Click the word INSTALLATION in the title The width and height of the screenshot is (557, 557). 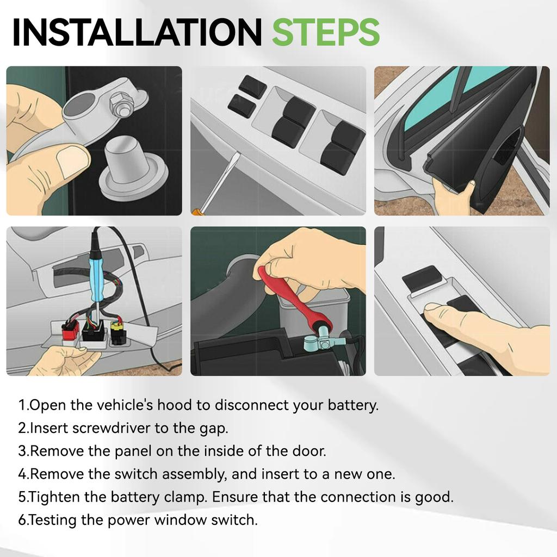pos(137,32)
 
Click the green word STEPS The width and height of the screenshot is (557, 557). pos(326,32)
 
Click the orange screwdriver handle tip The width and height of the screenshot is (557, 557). pos(194,212)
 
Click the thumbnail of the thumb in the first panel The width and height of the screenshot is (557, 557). pos(72,162)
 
